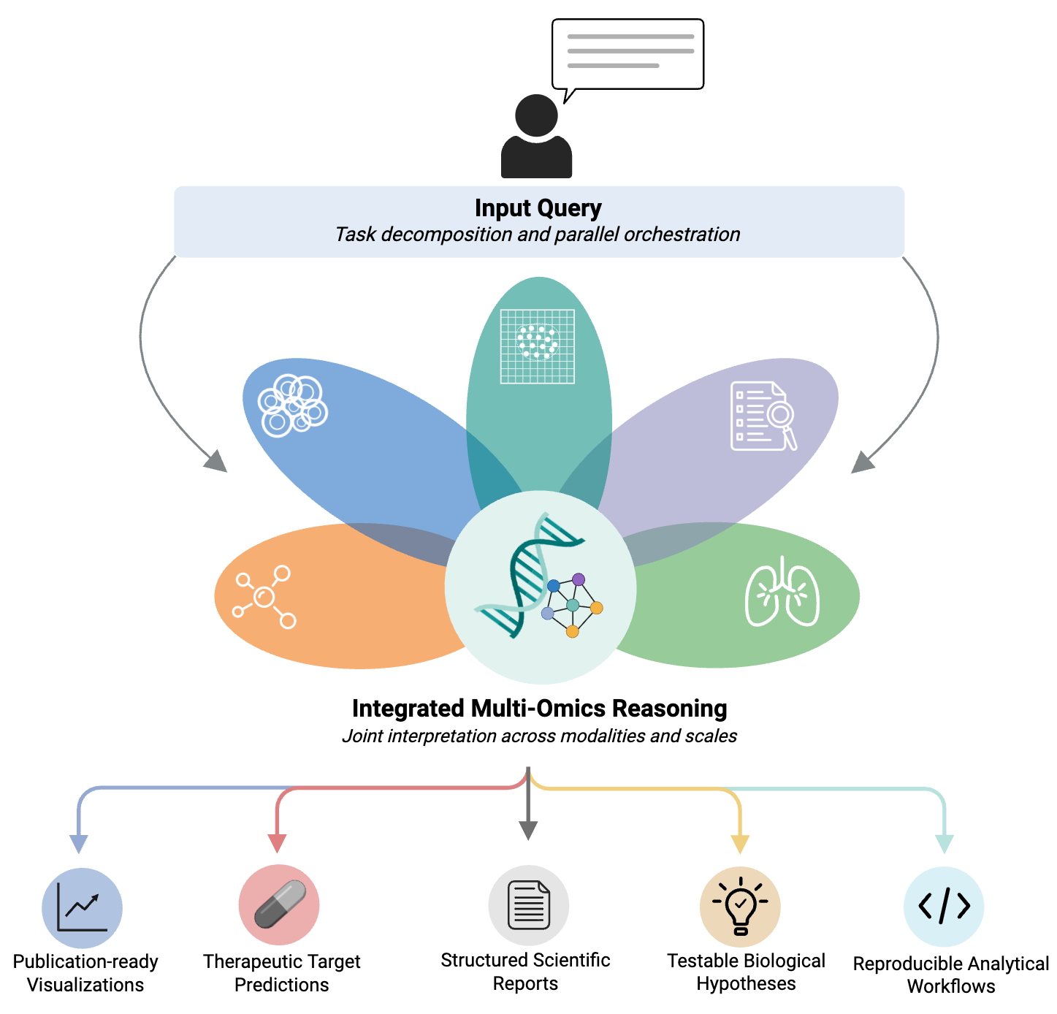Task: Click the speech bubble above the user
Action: click(627, 54)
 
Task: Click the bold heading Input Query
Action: click(538, 208)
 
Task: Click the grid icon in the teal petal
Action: click(538, 346)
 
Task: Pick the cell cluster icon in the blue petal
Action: click(292, 405)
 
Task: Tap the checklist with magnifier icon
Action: click(763, 416)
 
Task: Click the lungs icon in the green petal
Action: click(782, 592)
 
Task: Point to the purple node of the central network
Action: click(579, 579)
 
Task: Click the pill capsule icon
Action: click(280, 904)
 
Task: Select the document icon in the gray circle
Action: click(529, 906)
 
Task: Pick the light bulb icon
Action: click(740, 906)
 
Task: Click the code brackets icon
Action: click(944, 907)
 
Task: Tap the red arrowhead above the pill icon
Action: click(277, 843)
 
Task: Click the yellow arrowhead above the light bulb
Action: click(740, 844)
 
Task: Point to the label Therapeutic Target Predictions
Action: click(281, 972)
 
